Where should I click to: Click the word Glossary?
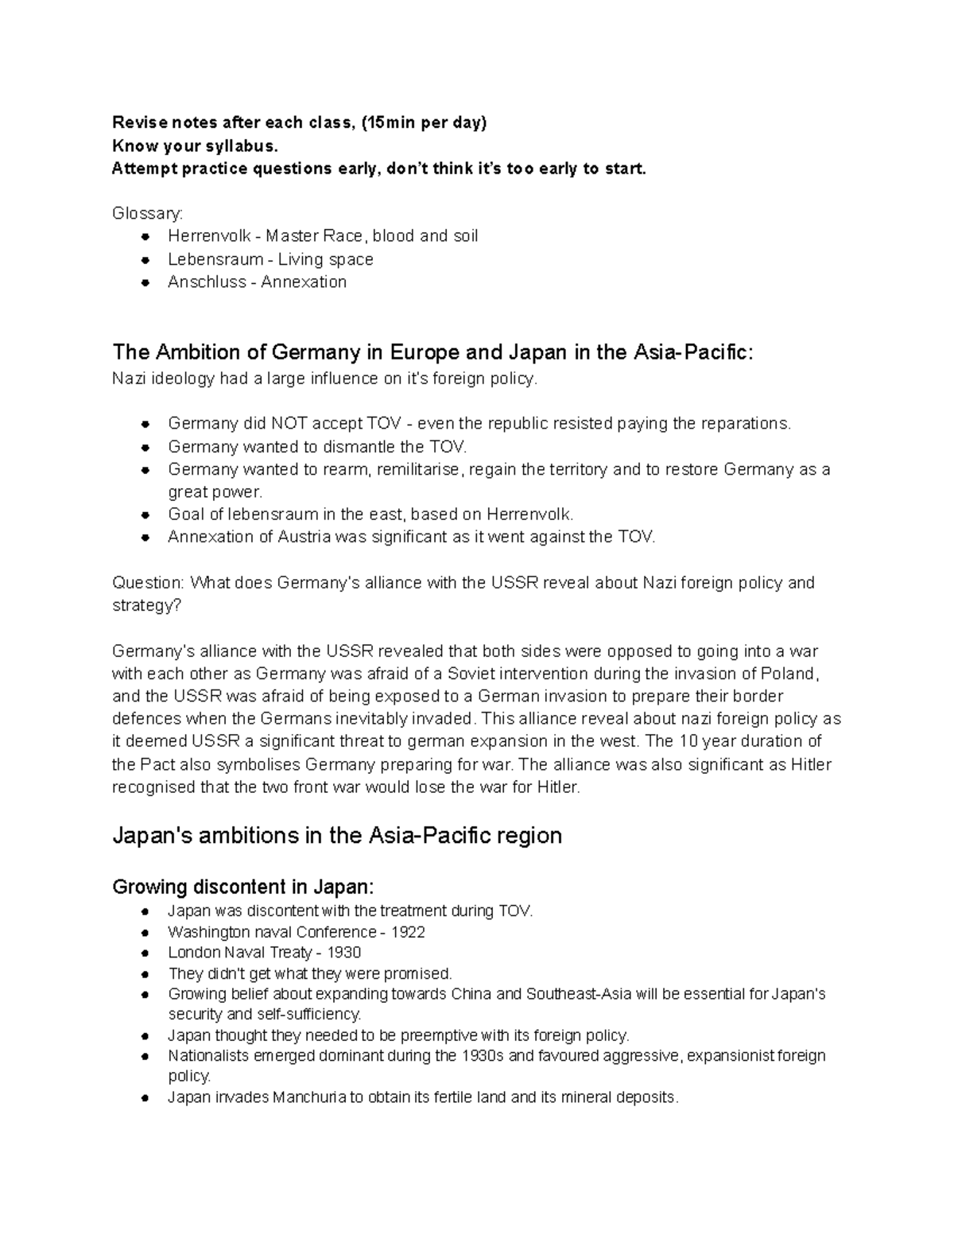click(x=147, y=214)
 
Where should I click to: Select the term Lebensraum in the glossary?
click(x=215, y=259)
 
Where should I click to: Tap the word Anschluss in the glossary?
click(x=207, y=282)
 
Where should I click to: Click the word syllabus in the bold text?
click(x=242, y=146)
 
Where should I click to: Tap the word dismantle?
click(x=359, y=446)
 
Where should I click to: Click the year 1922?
click(x=408, y=932)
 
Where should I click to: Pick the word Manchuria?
click(x=309, y=1098)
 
